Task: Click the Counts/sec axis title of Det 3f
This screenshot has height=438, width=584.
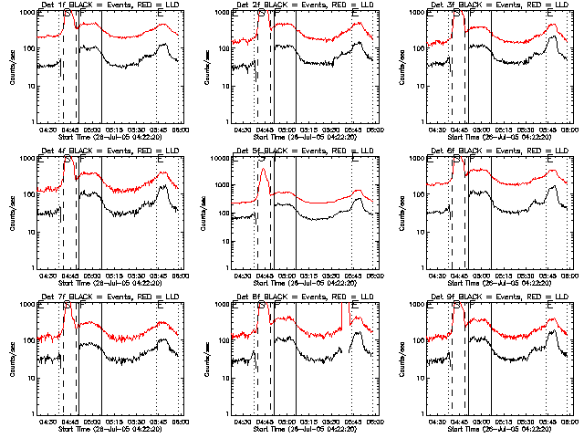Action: [x=402, y=68]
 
